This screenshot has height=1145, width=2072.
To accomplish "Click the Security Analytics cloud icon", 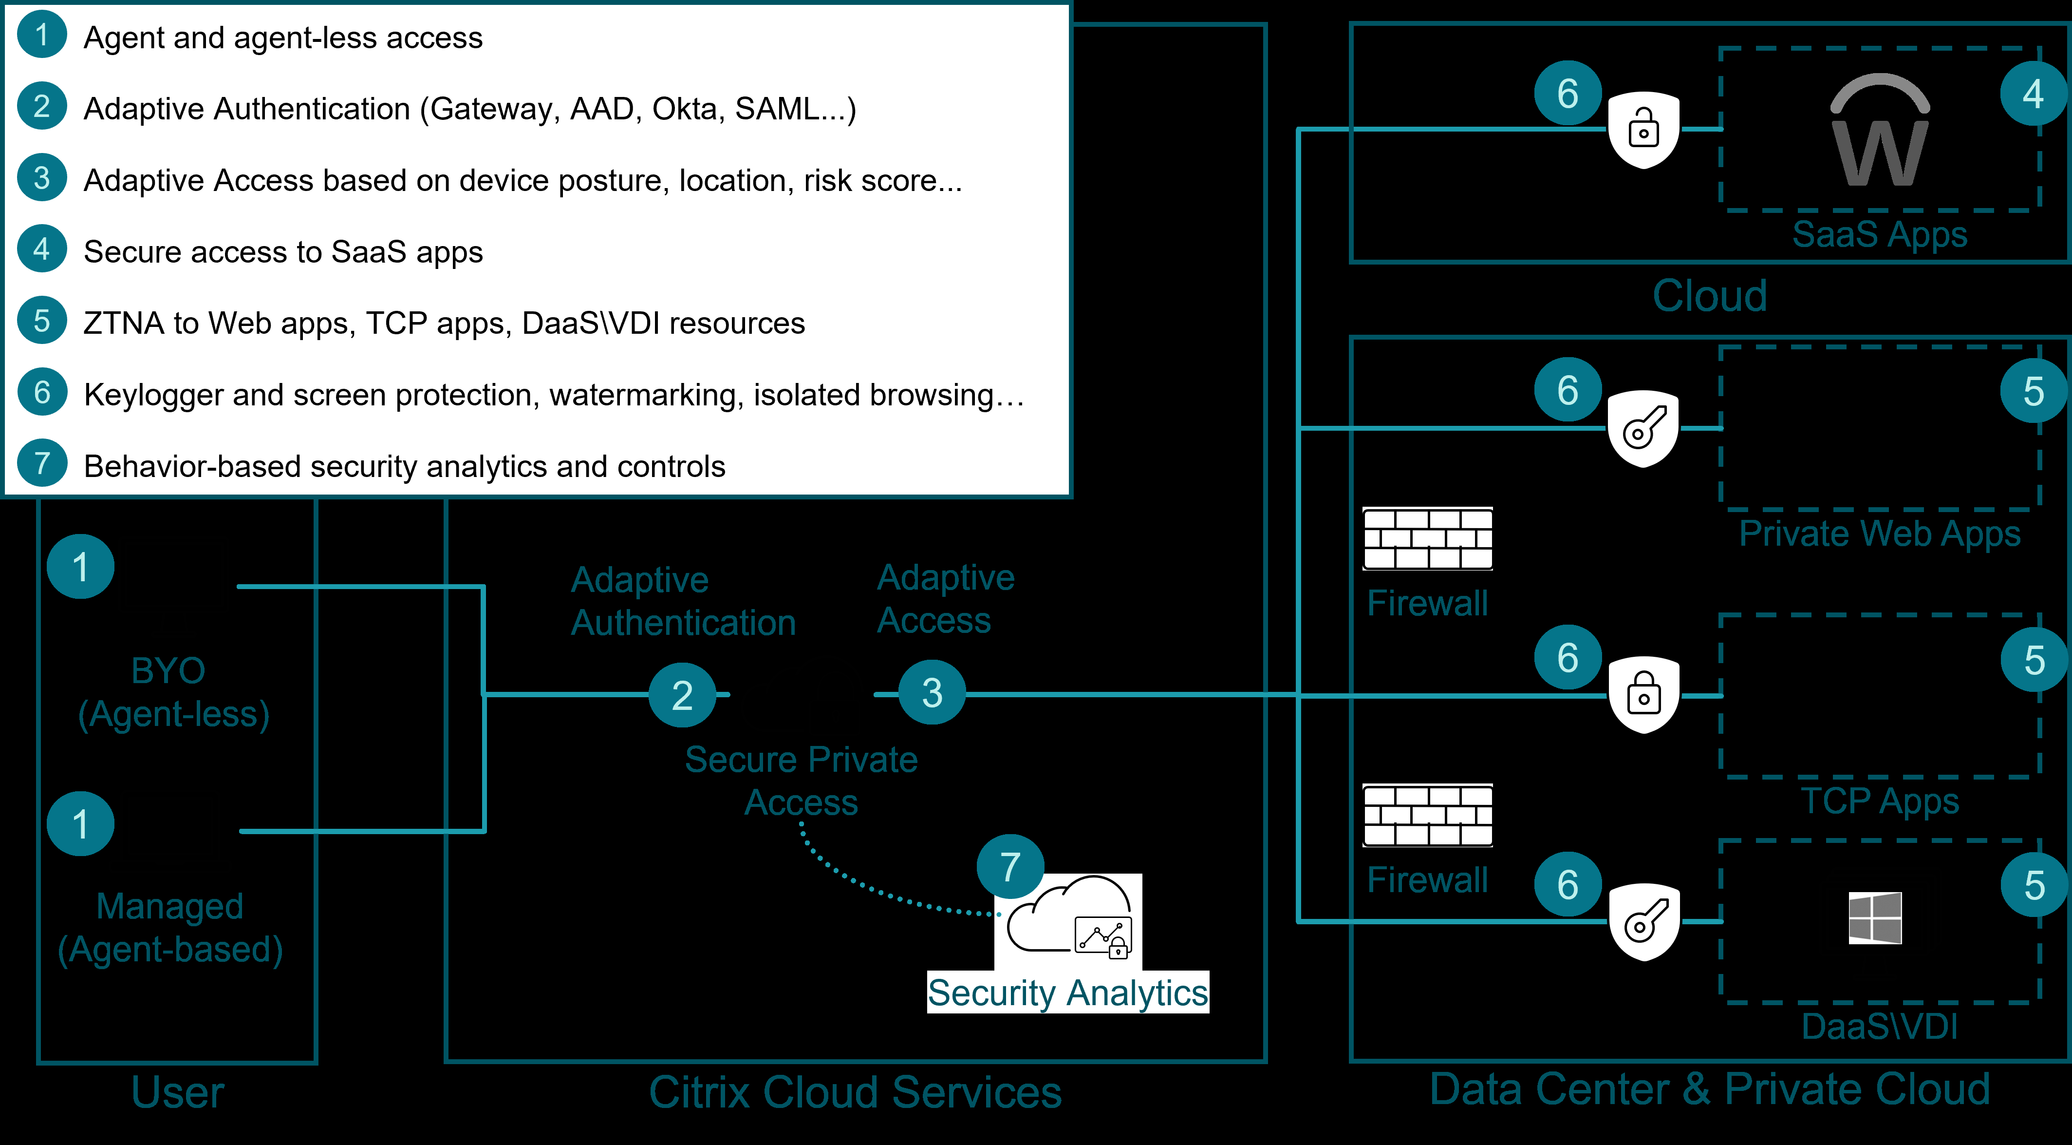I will point(1068,920).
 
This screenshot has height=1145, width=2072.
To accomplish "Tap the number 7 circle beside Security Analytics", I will point(1010,867).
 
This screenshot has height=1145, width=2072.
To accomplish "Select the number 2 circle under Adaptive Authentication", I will point(682,694).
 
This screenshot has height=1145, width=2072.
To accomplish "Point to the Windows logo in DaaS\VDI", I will point(1875,917).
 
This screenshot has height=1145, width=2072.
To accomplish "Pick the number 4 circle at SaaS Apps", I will point(2033,94).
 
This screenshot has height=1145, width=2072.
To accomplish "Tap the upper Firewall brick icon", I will point(1428,538).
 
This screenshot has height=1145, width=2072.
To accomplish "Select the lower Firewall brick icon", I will point(1428,815).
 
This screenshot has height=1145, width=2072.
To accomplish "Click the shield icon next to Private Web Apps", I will point(1643,429).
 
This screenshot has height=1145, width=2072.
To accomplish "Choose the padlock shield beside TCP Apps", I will point(1643,695).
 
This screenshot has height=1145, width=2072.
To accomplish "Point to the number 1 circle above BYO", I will point(80,567).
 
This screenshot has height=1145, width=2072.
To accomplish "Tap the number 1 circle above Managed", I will point(80,824).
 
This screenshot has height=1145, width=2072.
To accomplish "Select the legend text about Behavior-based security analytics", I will point(405,467).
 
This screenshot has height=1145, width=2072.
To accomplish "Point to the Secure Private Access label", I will point(801,781).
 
